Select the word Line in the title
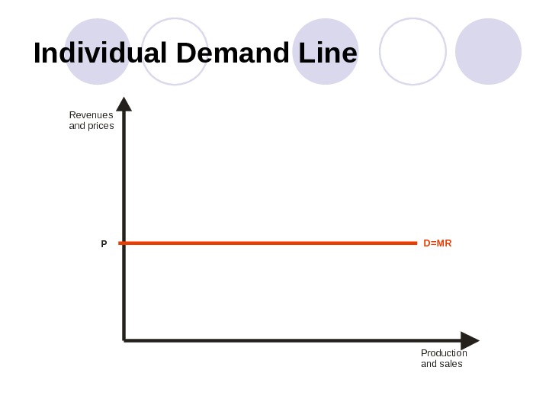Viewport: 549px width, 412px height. point(328,53)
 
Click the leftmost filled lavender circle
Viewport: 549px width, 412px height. point(97,52)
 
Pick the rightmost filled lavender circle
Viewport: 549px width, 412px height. point(488,52)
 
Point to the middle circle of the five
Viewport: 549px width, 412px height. point(326,52)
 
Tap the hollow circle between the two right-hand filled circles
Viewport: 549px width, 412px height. point(413,52)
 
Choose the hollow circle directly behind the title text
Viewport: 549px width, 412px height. point(175,52)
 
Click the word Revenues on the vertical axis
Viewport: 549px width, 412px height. point(91,115)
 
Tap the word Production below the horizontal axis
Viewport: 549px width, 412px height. point(444,353)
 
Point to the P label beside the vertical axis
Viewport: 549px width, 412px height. point(104,244)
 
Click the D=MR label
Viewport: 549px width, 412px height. point(438,243)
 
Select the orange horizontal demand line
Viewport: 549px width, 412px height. point(267,243)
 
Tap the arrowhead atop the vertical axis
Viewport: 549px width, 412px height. point(124,104)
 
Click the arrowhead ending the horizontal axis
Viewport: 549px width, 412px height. point(470,340)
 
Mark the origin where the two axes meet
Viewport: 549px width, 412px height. point(124,340)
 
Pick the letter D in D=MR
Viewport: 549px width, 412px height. point(427,243)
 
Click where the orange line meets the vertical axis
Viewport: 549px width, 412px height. point(124,243)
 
